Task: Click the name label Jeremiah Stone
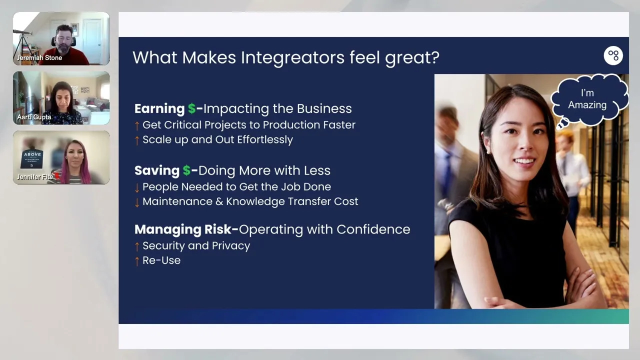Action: click(x=39, y=57)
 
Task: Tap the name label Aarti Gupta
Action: click(x=34, y=117)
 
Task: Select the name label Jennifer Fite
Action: click(x=35, y=177)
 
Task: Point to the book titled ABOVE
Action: click(x=32, y=159)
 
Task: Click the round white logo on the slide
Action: click(x=613, y=55)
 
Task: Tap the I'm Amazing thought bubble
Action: click(x=588, y=99)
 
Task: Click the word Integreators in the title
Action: click(x=292, y=57)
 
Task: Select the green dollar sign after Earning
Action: click(x=191, y=108)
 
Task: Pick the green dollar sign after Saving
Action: click(x=186, y=170)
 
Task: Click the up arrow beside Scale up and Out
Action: click(x=137, y=140)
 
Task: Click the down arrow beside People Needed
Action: click(x=137, y=187)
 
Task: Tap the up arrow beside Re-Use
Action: click(x=137, y=261)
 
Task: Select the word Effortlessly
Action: click(x=265, y=139)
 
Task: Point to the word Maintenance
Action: click(x=177, y=201)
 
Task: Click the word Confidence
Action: click(x=373, y=229)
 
